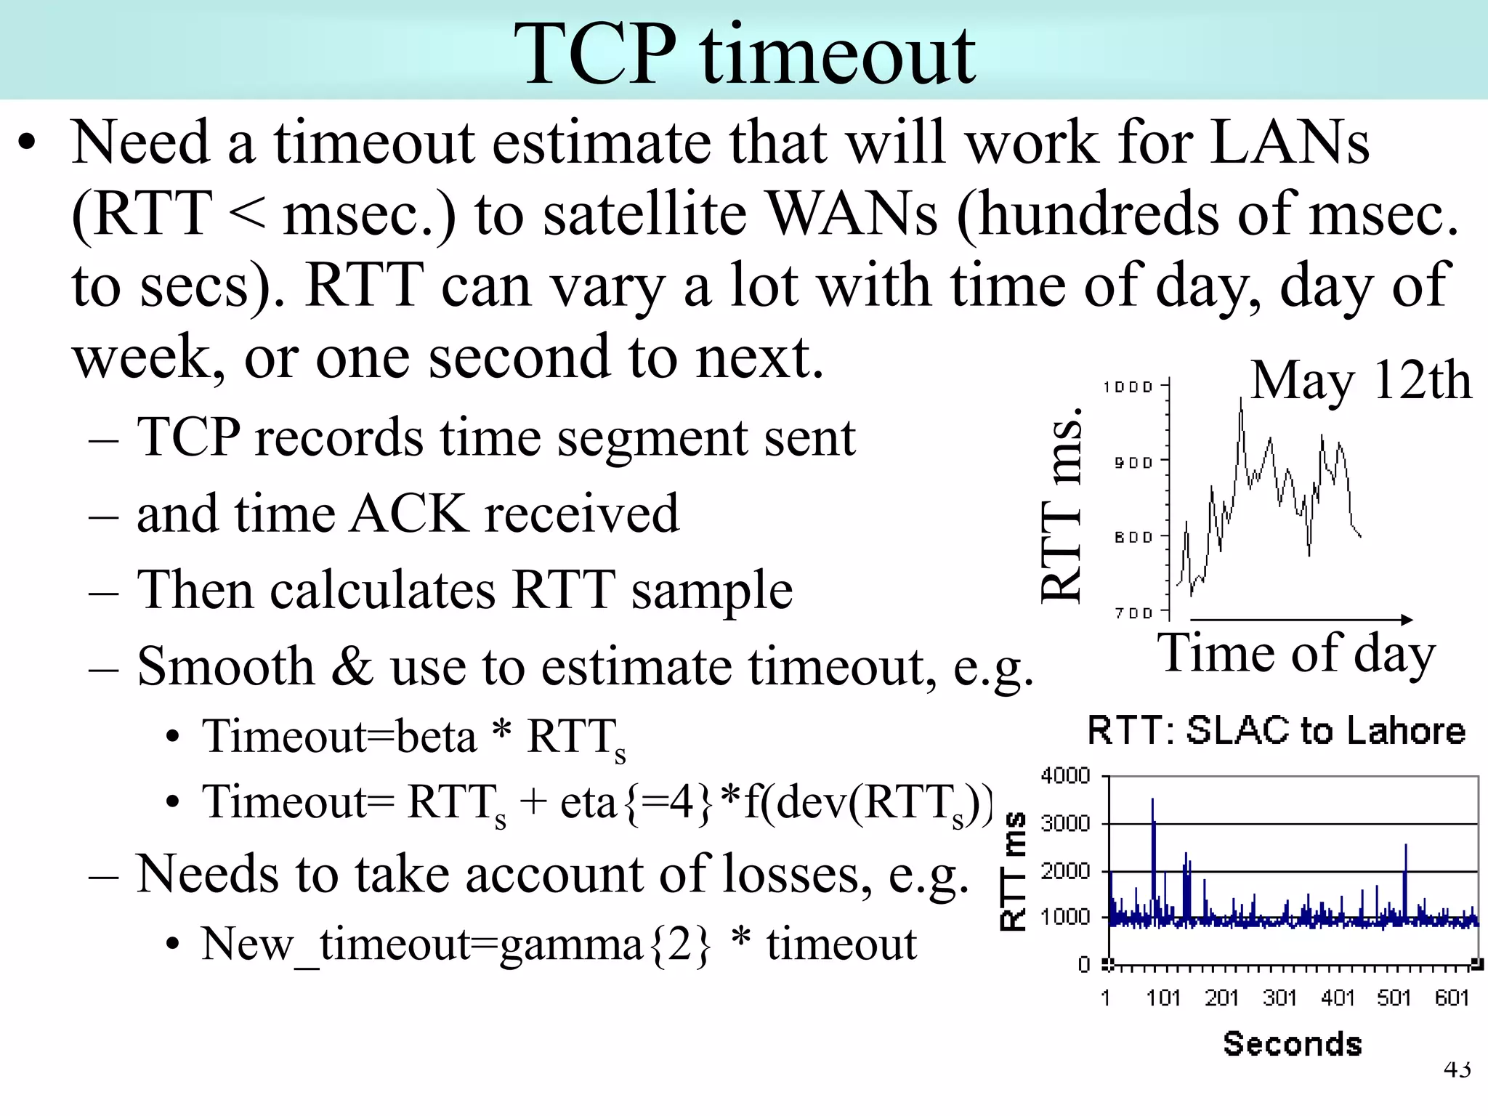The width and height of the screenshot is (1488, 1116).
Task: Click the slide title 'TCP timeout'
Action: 744,54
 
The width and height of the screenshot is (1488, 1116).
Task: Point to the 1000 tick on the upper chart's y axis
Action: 1128,387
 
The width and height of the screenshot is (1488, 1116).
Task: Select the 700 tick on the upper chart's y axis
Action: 1134,613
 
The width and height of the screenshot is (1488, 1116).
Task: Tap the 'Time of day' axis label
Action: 1297,653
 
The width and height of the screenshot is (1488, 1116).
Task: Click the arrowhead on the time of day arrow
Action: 1407,620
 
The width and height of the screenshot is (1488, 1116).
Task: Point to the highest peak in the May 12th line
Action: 1241,400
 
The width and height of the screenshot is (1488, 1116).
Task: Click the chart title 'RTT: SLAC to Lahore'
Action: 1276,731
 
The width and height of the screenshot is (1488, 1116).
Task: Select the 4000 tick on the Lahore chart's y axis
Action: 1065,776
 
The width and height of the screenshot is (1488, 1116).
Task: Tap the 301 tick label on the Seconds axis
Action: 1279,998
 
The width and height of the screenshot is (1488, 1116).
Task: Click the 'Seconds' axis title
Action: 1292,1044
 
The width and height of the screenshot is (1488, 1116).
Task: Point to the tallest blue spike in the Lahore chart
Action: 1152,801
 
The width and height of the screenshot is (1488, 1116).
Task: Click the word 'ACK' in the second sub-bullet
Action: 408,514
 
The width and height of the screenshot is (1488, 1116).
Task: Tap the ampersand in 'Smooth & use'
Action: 353,666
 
